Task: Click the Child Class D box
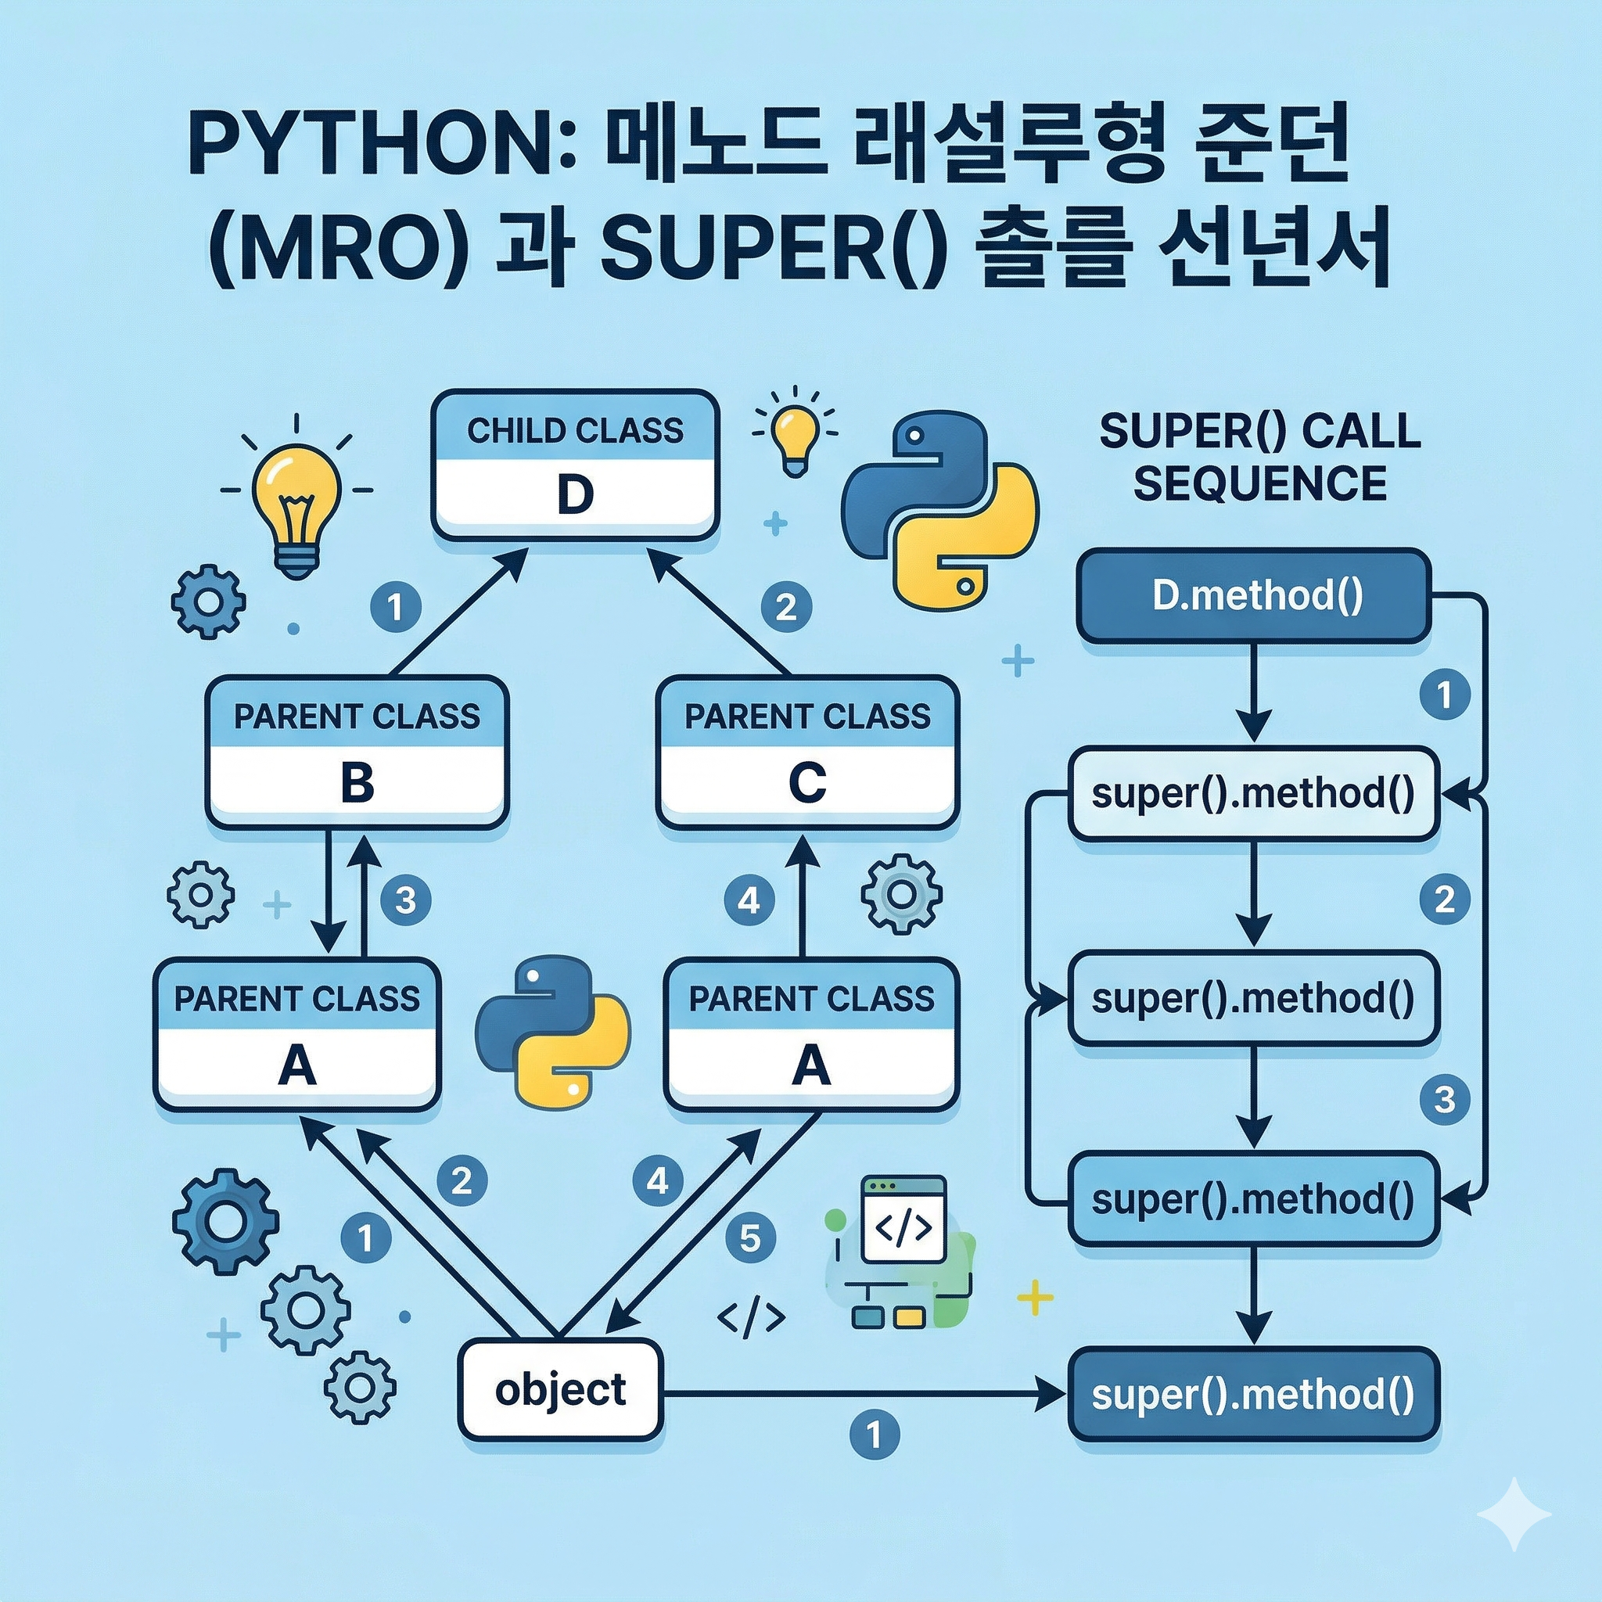[575, 467]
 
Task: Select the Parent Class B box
[357, 751]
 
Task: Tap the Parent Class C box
[807, 751]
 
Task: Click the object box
[562, 1391]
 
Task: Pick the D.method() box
[1252, 596]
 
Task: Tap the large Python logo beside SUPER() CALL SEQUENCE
[939, 509]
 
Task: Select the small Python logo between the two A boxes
[552, 1031]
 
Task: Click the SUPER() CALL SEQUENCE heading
[1259, 457]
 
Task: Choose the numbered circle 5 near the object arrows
[750, 1238]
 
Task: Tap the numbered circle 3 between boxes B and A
[405, 900]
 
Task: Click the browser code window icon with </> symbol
[903, 1220]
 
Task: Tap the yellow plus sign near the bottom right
[1035, 1297]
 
